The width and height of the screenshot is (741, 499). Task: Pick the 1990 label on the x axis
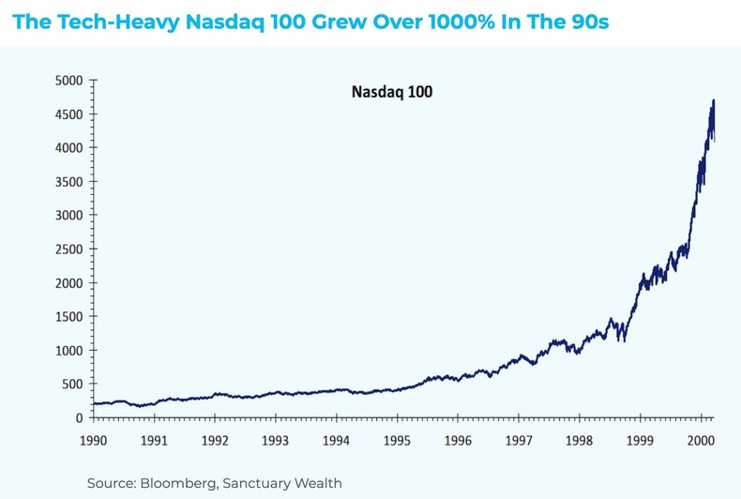coord(93,440)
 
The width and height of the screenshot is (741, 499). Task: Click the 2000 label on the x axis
coord(701,440)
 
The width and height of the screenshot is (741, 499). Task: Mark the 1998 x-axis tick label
coord(579,440)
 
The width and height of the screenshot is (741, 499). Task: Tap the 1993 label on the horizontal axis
coord(275,440)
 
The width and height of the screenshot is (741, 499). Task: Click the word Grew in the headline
coord(332,21)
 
